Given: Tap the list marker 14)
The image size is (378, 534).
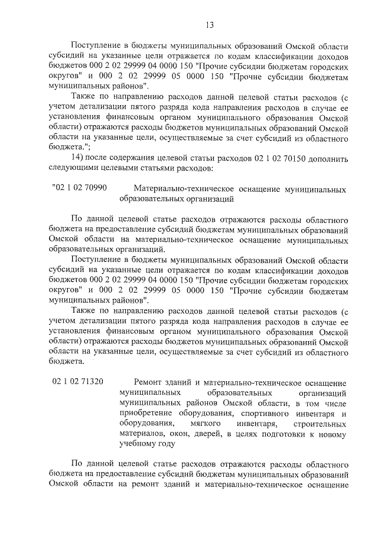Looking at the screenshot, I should [x=79, y=159].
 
